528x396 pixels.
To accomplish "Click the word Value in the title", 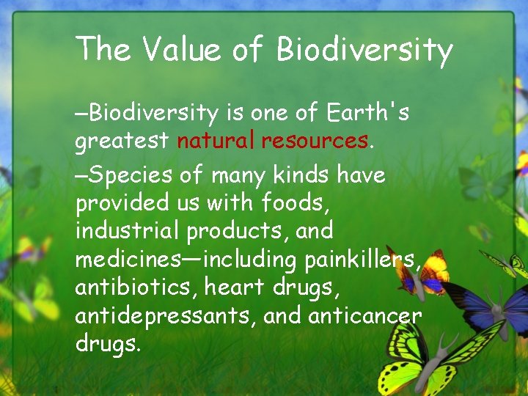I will click(181, 50).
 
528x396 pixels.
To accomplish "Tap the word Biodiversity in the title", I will click(364, 50).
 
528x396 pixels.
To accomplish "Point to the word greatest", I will click(122, 141).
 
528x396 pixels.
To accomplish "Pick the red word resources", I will click(315, 139).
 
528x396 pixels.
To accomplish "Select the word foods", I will click(297, 202).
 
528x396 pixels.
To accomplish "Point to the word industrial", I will click(128, 230).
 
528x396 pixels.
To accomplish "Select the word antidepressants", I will click(165, 315).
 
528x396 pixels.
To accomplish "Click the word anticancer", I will click(364, 315).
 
